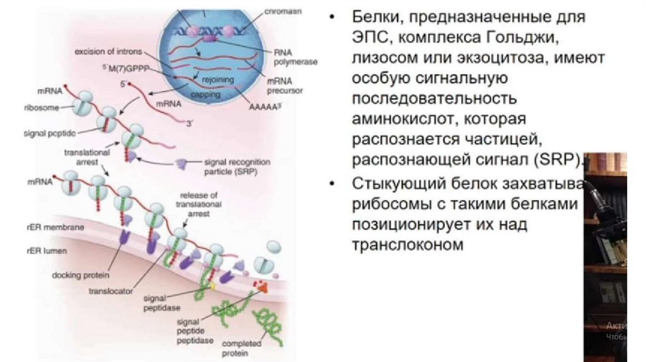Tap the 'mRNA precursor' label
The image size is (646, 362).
click(283, 86)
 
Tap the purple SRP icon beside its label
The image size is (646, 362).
click(180, 163)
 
